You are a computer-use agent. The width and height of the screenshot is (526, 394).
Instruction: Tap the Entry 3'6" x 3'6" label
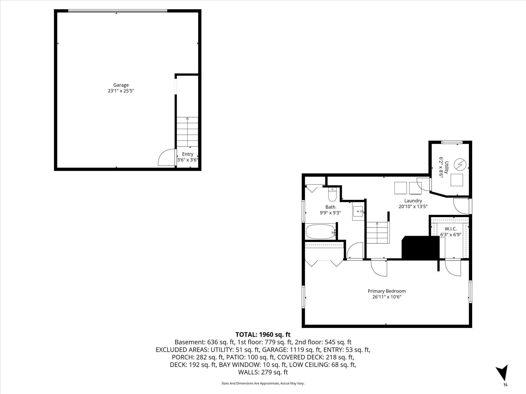[188, 157]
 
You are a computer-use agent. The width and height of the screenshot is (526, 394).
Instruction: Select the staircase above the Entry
[187, 132]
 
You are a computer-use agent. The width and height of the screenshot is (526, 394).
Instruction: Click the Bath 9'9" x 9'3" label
[330, 210]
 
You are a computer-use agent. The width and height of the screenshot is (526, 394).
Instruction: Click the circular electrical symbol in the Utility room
[460, 164]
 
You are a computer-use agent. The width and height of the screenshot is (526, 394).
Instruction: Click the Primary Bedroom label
[387, 294]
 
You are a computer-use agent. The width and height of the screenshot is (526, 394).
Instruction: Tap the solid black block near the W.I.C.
[420, 248]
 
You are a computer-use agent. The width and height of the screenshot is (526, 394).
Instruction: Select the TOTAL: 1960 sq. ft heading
[263, 335]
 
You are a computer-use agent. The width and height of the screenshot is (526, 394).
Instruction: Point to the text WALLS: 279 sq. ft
[263, 372]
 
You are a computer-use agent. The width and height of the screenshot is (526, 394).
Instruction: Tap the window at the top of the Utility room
[452, 142]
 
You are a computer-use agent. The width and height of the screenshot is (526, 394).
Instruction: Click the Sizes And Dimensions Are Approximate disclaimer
[263, 383]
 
